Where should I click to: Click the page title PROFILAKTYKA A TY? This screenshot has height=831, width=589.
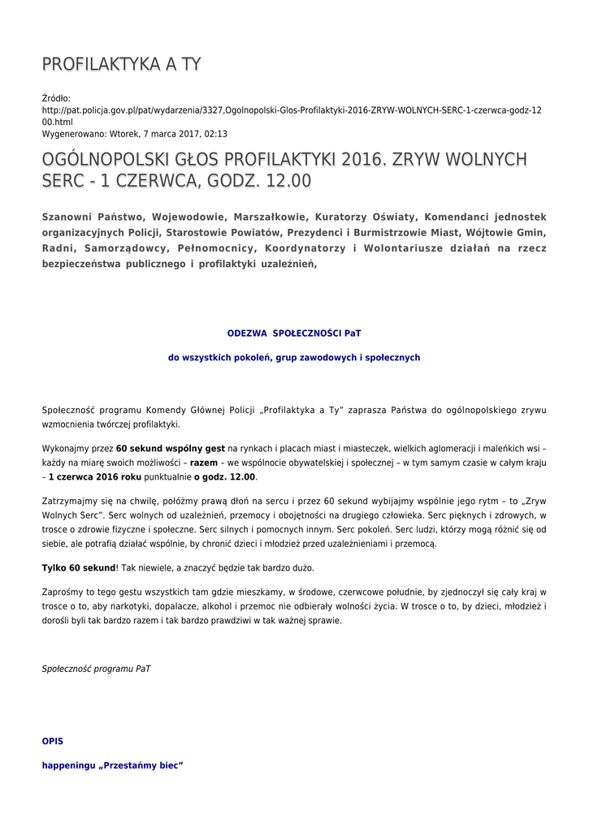click(121, 64)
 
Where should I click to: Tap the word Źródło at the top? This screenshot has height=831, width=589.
click(56, 97)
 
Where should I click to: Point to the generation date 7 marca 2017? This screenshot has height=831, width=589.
click(168, 134)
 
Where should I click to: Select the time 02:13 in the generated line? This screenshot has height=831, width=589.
click(216, 134)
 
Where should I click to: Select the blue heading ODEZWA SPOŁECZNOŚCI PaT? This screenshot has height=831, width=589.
click(294, 333)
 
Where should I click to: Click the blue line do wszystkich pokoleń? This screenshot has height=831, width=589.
click(294, 356)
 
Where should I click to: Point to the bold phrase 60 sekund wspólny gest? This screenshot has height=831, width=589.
click(170, 448)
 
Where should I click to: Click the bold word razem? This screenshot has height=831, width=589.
click(204, 463)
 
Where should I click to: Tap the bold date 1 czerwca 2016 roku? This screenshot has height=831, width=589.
click(95, 477)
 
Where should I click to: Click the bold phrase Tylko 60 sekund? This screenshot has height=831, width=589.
click(79, 567)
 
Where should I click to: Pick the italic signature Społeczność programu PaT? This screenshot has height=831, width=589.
click(96, 669)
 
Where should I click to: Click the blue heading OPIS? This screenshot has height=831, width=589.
click(52, 741)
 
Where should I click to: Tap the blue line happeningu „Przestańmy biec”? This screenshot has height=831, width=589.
click(112, 764)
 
